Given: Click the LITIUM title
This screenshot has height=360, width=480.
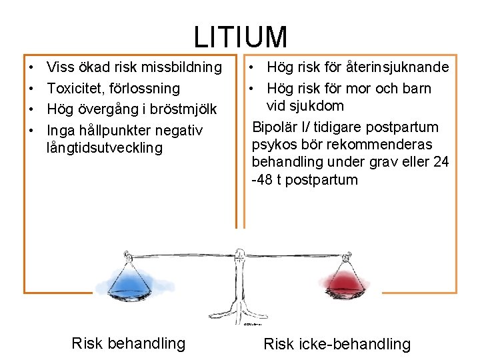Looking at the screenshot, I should (x=241, y=37).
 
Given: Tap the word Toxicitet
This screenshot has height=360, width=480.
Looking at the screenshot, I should (x=76, y=88).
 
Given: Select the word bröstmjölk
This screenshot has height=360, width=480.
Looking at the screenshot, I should (x=183, y=109).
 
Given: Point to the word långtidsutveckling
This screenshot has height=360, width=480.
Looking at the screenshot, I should (x=105, y=148).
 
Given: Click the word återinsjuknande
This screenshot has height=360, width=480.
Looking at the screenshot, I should (x=397, y=67).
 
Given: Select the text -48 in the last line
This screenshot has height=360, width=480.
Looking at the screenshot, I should (x=263, y=179).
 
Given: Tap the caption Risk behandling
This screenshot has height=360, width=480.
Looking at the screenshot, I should (x=128, y=343).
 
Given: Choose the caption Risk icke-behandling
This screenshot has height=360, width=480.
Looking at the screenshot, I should (x=337, y=344).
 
